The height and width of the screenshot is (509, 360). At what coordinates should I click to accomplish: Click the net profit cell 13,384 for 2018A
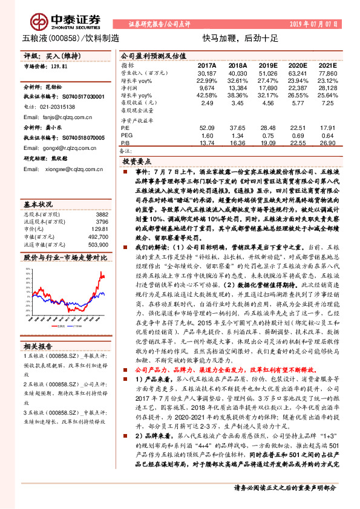click(238, 88)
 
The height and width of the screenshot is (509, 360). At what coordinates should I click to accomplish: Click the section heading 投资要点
click(137, 162)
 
